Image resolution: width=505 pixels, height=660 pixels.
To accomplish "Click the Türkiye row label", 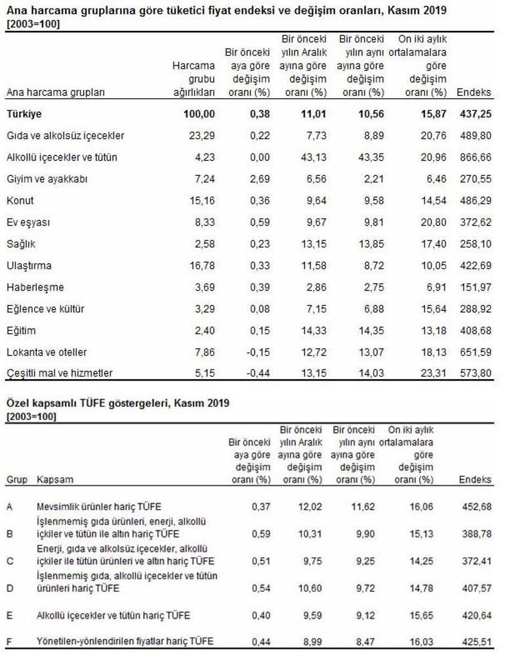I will coord(24,114).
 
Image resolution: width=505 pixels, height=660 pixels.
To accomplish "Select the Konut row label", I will coord(20,201).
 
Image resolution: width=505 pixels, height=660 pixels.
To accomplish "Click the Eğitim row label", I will coord(21,331).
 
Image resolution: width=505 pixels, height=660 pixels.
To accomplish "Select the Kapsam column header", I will coord(54,480).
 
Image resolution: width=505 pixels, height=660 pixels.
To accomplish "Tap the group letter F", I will coord(9,641).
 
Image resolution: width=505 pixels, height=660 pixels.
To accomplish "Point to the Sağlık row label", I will coord(20,244).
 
